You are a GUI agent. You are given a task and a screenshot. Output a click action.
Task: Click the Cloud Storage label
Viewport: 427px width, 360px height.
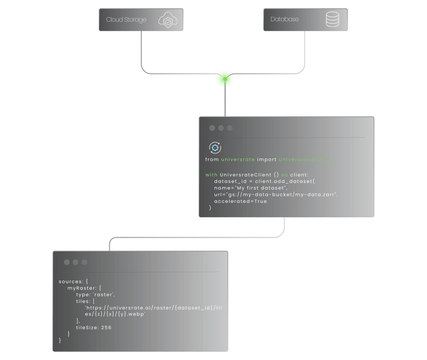tap(126, 20)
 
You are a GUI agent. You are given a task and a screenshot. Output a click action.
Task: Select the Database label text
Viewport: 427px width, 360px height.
tap(285, 19)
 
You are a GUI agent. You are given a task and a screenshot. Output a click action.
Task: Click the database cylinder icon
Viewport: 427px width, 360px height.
tap(332, 19)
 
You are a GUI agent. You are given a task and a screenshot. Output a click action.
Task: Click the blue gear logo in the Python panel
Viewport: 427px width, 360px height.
tap(215, 147)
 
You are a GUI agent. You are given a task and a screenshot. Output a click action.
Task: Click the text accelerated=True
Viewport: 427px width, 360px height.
tap(240, 201)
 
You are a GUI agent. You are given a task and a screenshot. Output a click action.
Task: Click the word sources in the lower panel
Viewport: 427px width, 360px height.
tap(70, 282)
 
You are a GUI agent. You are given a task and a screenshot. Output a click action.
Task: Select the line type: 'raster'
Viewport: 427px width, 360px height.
tap(96, 294)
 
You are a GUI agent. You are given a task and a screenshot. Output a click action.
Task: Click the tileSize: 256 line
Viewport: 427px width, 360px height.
tap(94, 328)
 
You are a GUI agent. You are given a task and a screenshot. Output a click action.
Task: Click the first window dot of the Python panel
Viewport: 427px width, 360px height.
tap(212, 128)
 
